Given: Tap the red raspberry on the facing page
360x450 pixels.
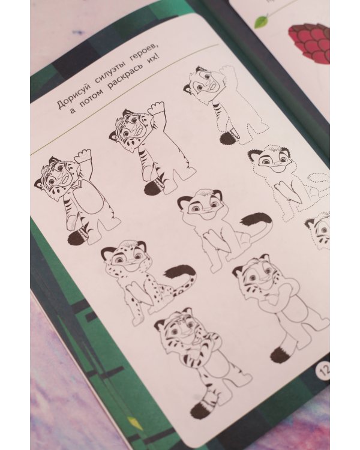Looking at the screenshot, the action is [x=310, y=43].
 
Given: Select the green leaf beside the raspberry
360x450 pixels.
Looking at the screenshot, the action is [x=260, y=21].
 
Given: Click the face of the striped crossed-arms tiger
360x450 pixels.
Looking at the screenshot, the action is [x=178, y=331].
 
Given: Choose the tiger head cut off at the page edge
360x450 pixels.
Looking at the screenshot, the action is [x=319, y=230].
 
